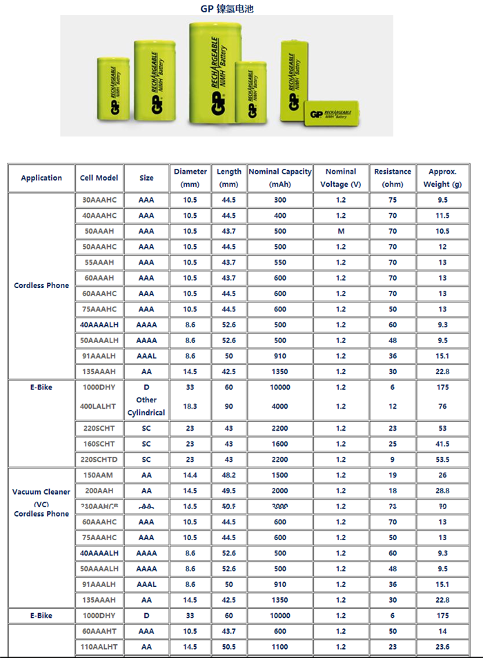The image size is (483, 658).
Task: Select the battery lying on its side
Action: point(333,114)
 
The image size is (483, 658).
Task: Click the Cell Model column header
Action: point(99,178)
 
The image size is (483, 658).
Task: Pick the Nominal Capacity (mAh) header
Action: point(280,178)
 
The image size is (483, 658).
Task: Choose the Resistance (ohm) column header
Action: point(393,178)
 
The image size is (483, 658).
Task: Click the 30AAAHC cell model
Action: point(99,200)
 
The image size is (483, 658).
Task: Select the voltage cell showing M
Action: point(341,232)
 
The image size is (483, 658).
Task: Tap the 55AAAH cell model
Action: point(99,263)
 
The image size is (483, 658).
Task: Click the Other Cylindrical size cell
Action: point(146,406)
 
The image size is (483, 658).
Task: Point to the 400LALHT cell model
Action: point(99,407)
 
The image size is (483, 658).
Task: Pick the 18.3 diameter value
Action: point(190,407)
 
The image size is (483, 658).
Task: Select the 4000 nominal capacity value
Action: point(280,407)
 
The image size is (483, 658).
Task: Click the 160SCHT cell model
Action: point(99,444)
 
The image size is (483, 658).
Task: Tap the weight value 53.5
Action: point(442,460)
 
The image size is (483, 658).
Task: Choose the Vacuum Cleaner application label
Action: point(41,492)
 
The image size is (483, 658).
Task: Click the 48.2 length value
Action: point(229,475)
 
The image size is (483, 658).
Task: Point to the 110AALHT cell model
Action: point(99,647)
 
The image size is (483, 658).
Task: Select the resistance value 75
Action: point(393,200)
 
